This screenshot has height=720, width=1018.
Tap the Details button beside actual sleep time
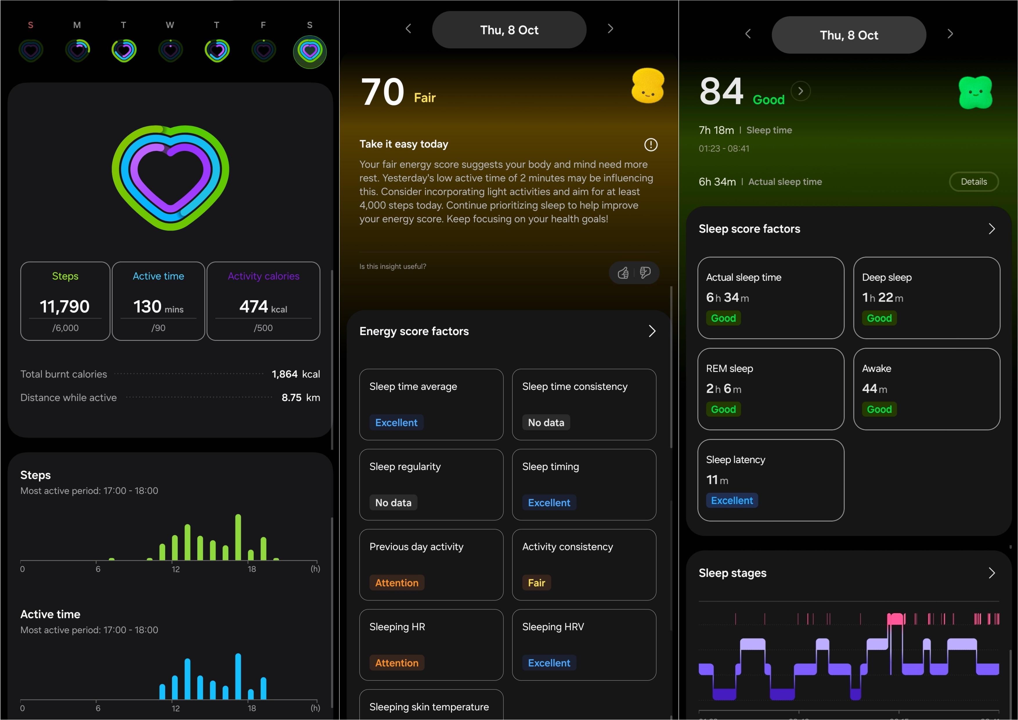974,181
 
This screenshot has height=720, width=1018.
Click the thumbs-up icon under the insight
623,272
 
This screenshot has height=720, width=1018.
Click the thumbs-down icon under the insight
645,272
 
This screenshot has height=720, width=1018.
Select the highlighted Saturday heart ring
309,51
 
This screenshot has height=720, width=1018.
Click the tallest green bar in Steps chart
238,537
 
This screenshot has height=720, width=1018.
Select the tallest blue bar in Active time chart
238,676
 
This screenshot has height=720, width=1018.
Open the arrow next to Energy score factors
652,331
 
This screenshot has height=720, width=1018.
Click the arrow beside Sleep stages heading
992,573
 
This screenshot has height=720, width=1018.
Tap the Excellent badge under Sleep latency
732,501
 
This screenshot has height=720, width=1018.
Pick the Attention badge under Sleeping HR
397,663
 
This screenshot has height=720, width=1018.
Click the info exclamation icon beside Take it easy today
650,145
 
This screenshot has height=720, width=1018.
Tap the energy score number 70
383,92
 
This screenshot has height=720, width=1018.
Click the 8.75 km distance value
301,397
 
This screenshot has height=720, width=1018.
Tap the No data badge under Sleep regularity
393,503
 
